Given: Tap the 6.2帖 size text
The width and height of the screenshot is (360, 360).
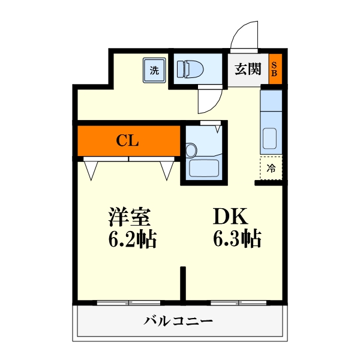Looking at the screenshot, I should coord(133,239).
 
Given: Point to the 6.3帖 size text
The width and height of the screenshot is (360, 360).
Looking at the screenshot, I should coord(236,239).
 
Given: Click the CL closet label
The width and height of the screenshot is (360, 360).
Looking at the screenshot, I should coord(128,141).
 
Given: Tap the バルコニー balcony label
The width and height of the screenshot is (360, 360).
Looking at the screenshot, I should coord(178,321).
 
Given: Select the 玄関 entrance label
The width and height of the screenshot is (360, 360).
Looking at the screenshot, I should coord(247,69).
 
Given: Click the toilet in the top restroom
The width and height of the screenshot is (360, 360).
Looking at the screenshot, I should coord(191,69).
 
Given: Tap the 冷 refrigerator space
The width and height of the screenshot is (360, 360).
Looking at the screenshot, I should coord(271,168).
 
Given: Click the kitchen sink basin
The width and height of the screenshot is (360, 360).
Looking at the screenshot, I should coord(271,140).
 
